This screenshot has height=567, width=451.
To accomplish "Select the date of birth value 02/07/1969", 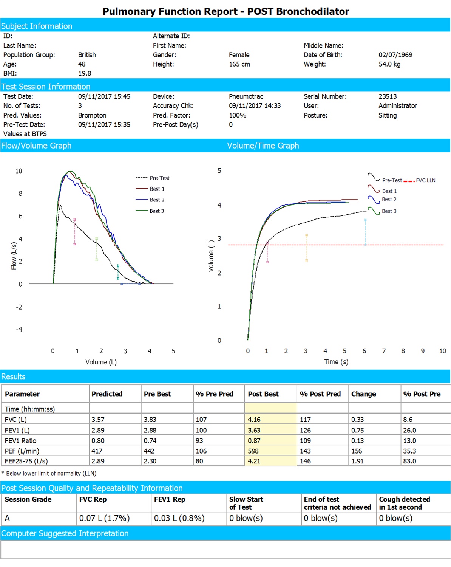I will pos(395,55).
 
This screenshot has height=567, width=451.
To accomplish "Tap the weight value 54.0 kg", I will pos(389,64).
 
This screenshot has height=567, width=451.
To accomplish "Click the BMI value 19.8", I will pos(85,73).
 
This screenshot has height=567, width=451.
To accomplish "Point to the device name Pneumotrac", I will pos(246,96).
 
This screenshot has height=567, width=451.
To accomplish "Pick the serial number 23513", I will pos(388,96).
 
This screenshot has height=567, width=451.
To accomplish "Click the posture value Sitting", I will pos(387,115).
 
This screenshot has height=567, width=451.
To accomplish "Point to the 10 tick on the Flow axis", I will pos(19,171).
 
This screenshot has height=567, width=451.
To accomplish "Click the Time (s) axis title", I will pos(336,362).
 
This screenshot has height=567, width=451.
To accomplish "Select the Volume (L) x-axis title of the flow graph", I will pos(101,362).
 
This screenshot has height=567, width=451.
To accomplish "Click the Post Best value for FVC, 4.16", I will pos(254,420).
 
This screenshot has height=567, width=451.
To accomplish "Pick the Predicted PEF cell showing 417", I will pos(97,451).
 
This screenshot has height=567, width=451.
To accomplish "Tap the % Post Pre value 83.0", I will pos(409,461).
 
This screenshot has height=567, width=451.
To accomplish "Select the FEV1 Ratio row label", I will pos(21,441).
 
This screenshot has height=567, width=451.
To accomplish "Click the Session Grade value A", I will pos(7,518).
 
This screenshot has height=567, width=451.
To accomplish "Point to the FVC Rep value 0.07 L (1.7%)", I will pos(104,518).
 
